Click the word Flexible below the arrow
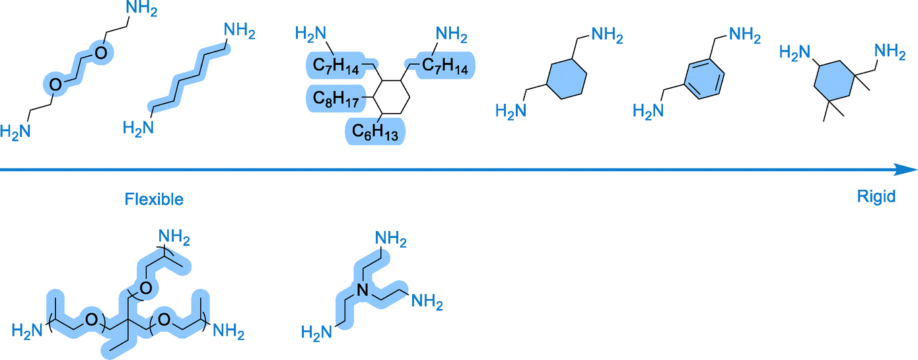pyautogui.click(x=154, y=199)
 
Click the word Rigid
pyautogui.click(x=876, y=196)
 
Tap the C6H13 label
pyautogui.click(x=375, y=132)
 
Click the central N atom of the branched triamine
pyautogui.click(x=362, y=288)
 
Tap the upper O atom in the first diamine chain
pyautogui.click(x=102, y=53)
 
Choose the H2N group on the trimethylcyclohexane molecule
pyautogui.click(x=795, y=52)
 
